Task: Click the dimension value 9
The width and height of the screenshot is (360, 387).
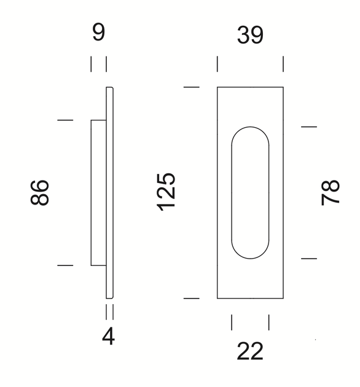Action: (x=98, y=32)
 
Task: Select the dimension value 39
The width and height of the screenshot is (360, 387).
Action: (x=250, y=35)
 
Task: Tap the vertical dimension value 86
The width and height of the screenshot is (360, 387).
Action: (x=39, y=192)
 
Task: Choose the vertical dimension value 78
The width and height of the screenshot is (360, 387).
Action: (x=331, y=193)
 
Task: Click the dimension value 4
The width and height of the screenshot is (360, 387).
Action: (x=108, y=336)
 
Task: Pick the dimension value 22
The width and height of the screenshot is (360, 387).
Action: (x=250, y=351)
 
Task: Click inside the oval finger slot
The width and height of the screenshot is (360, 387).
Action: (x=250, y=193)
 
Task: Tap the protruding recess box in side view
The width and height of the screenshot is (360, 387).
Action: (x=98, y=193)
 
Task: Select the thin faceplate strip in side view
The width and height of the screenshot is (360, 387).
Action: (x=109, y=193)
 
